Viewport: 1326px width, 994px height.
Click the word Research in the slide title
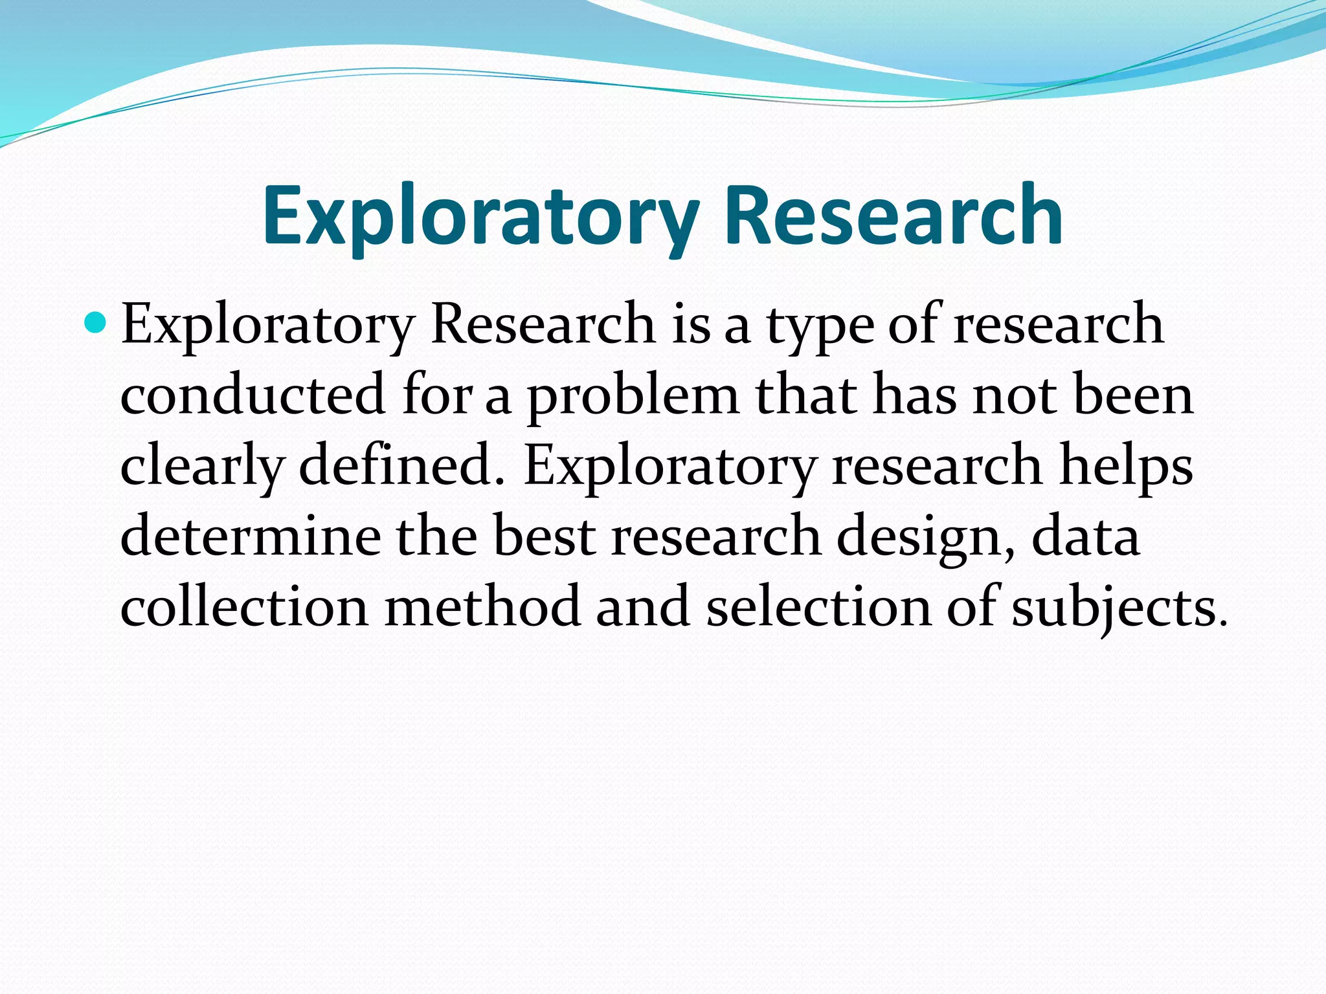(x=893, y=215)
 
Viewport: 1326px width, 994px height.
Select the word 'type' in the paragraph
(x=820, y=326)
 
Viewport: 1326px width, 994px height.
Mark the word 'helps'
(x=1126, y=467)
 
